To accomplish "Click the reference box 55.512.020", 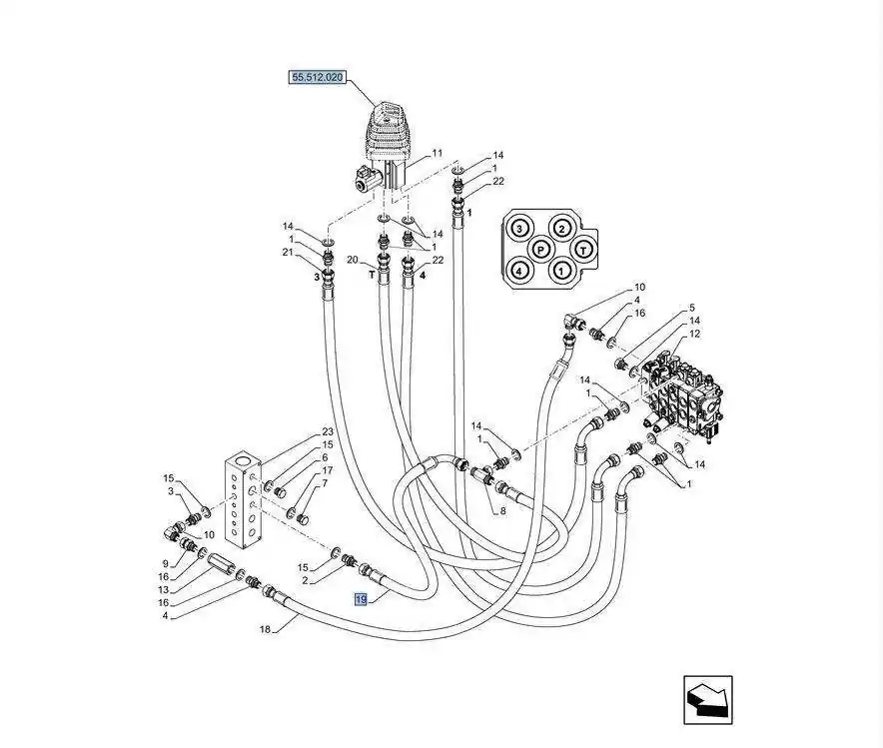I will coord(317,77).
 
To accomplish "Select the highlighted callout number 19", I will coord(361,599).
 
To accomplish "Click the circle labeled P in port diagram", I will coord(540,249).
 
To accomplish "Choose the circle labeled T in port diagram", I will coord(584,249).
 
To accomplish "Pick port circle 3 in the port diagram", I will coord(518,228).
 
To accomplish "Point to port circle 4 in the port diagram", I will coord(518,270).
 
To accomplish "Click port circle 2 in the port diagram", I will coord(562,228).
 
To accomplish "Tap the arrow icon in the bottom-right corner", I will coord(708,699).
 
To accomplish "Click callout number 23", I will coord(328,432).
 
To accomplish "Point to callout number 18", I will coord(266,629).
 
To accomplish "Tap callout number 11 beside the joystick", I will coord(436,154).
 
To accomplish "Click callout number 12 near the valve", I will coord(694,334).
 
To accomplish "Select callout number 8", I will coord(502,511).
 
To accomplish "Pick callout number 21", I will coord(288,253).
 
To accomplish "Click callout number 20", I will coord(352,260).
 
